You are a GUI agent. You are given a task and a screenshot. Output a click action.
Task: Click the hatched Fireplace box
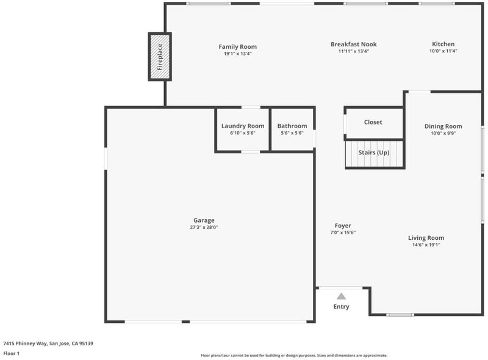pyautogui.click(x=160, y=57)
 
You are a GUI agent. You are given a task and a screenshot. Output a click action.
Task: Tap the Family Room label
pyautogui.click(x=238, y=47)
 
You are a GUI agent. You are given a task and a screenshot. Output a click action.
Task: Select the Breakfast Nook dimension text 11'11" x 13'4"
pyautogui.click(x=354, y=51)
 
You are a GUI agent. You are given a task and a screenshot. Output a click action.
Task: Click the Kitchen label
pyautogui.click(x=443, y=44)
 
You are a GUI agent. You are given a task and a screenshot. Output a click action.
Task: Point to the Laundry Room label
pyautogui.click(x=243, y=126)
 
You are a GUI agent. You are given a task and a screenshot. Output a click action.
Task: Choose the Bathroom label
pyautogui.click(x=292, y=126)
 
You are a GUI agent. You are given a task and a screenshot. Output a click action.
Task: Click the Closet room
pyautogui.click(x=373, y=123)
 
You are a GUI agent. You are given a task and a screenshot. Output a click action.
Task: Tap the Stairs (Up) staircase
pyautogui.click(x=375, y=154)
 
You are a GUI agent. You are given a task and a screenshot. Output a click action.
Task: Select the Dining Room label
pyautogui.click(x=443, y=126)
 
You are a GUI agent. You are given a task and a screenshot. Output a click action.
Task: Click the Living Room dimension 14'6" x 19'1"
pyautogui.click(x=426, y=245)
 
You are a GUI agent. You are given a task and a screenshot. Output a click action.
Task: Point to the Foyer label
pyautogui.click(x=343, y=226)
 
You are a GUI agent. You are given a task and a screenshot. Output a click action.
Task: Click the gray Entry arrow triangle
pyautogui.click(x=341, y=296)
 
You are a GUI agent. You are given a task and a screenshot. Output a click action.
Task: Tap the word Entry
pyautogui.click(x=341, y=306)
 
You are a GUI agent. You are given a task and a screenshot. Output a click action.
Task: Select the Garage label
pyautogui.click(x=204, y=220)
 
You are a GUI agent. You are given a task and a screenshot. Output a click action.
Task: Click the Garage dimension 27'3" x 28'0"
pyautogui.click(x=204, y=228)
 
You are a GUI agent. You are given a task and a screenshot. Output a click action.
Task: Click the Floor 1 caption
pyautogui.click(x=11, y=353)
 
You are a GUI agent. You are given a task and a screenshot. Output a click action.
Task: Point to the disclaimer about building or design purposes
pyautogui.click(x=294, y=355)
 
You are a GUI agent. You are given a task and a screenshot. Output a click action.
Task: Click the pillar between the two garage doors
pyautogui.click(x=186, y=322)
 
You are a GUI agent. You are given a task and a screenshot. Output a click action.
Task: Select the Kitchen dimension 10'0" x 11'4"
pyautogui.click(x=443, y=51)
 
